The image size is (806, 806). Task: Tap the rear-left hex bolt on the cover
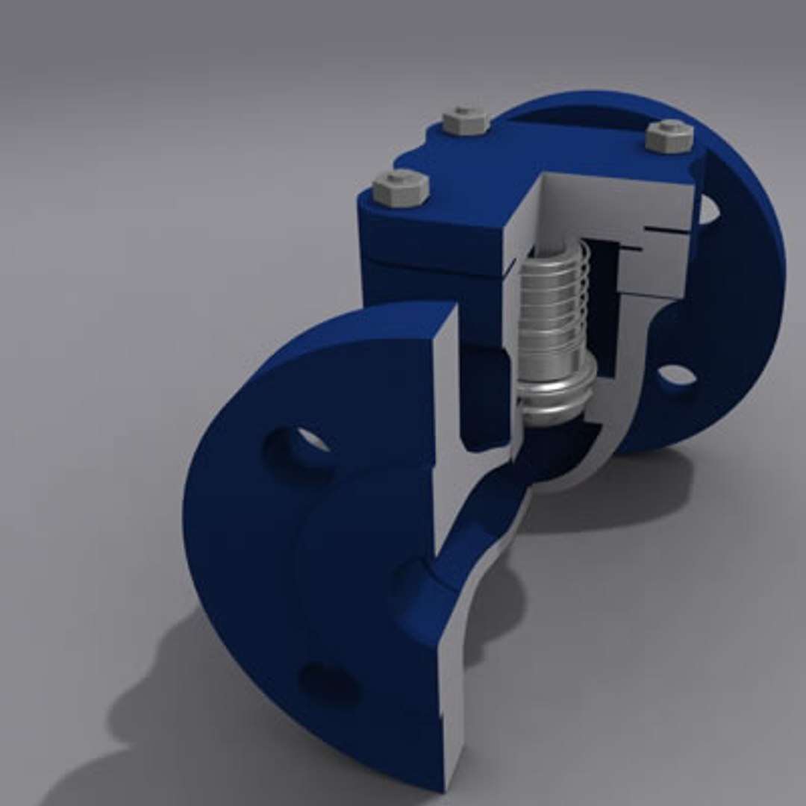[x=466, y=120]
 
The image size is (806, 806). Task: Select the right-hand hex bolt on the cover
[x=669, y=136]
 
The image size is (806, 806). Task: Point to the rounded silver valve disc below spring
[x=556, y=392]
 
